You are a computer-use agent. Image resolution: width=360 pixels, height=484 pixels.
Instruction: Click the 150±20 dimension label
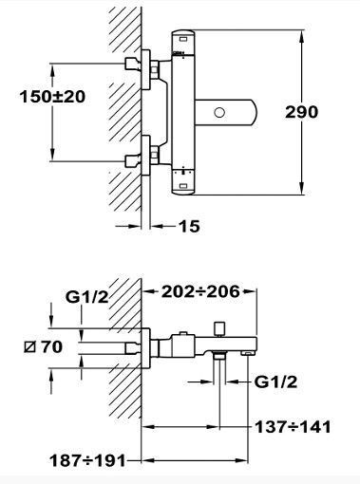coord(52,96)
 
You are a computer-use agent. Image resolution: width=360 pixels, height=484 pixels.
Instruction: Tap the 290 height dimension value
coord(301,112)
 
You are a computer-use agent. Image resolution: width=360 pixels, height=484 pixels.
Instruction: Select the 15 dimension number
coord(189,226)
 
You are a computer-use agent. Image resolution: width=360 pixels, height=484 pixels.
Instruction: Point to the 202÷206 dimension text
coord(200,291)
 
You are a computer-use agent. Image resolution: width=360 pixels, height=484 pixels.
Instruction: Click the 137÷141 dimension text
coord(293,427)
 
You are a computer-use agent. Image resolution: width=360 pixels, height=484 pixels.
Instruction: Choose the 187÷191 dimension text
coord(88,460)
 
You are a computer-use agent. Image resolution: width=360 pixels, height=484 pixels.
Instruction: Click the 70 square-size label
coord(52,346)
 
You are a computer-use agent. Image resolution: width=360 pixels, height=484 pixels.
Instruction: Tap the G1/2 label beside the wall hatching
coord(86,297)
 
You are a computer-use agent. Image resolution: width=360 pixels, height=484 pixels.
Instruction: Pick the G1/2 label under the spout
coord(275,382)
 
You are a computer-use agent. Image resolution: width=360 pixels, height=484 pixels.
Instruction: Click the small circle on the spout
coord(219,112)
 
